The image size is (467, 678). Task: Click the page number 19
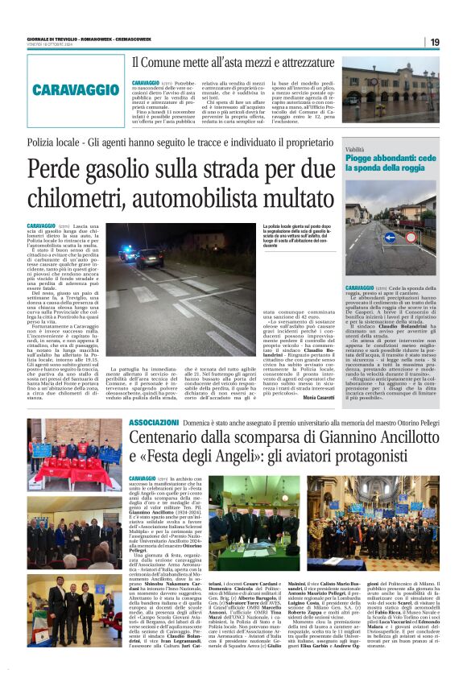tap(457, 42)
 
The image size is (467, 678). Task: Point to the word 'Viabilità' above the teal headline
tap(355, 151)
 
